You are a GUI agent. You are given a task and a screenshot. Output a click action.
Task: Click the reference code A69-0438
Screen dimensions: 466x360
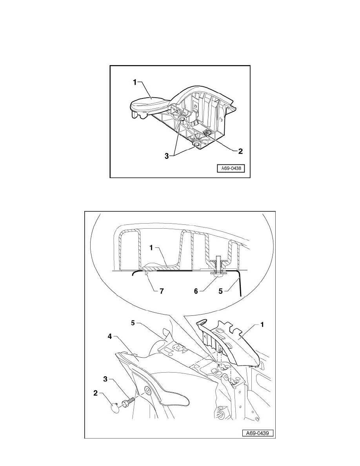pyautogui.click(x=231, y=169)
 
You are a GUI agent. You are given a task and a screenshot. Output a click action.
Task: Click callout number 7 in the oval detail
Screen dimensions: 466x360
pyautogui.click(x=151, y=292)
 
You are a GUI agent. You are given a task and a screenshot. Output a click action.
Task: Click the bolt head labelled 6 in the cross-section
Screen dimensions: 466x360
pyautogui.click(x=218, y=275)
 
